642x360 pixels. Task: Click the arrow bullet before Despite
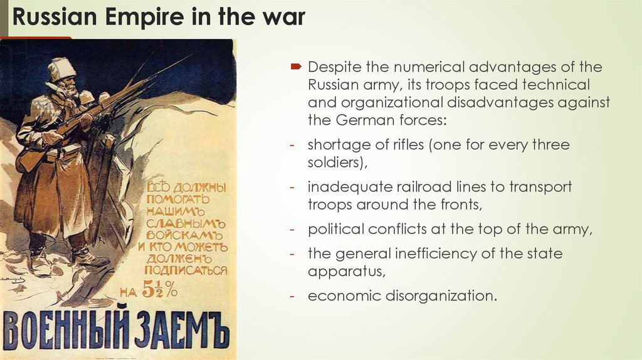296,67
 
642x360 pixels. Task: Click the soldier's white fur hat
61,68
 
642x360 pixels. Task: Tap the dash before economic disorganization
293,296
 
